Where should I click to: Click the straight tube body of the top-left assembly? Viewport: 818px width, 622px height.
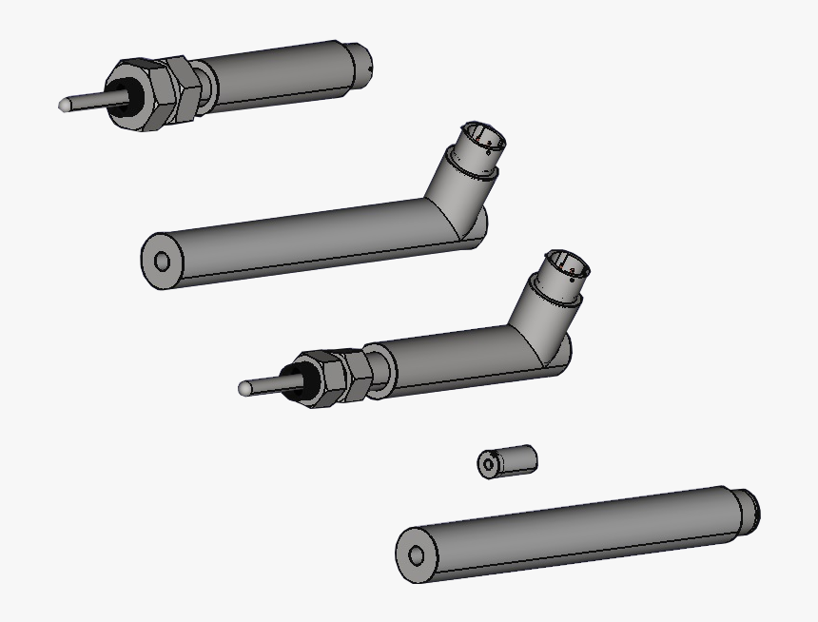(276, 76)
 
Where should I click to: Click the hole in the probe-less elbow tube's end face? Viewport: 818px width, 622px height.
(161, 262)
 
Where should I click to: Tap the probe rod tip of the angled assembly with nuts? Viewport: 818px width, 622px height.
(245, 388)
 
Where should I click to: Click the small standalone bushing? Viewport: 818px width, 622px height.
(509, 461)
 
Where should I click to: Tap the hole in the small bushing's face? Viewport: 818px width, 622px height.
(489, 465)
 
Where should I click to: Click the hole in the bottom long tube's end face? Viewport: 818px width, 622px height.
(416, 557)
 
